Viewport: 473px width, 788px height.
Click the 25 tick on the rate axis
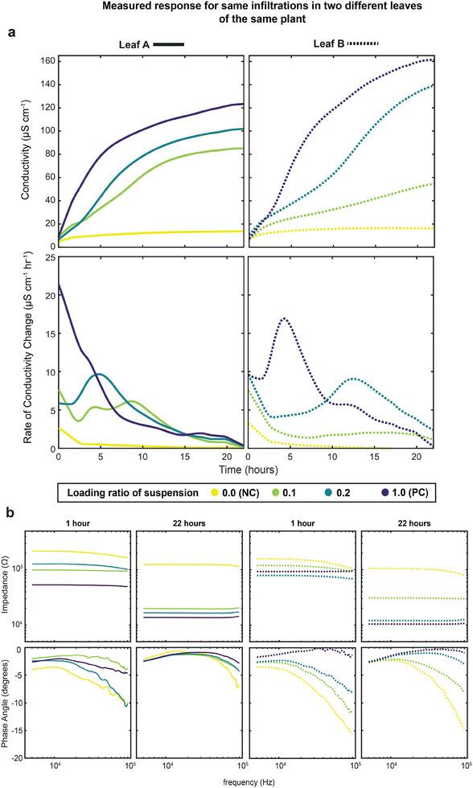(48, 257)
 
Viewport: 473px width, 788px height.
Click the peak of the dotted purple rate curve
(284, 318)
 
